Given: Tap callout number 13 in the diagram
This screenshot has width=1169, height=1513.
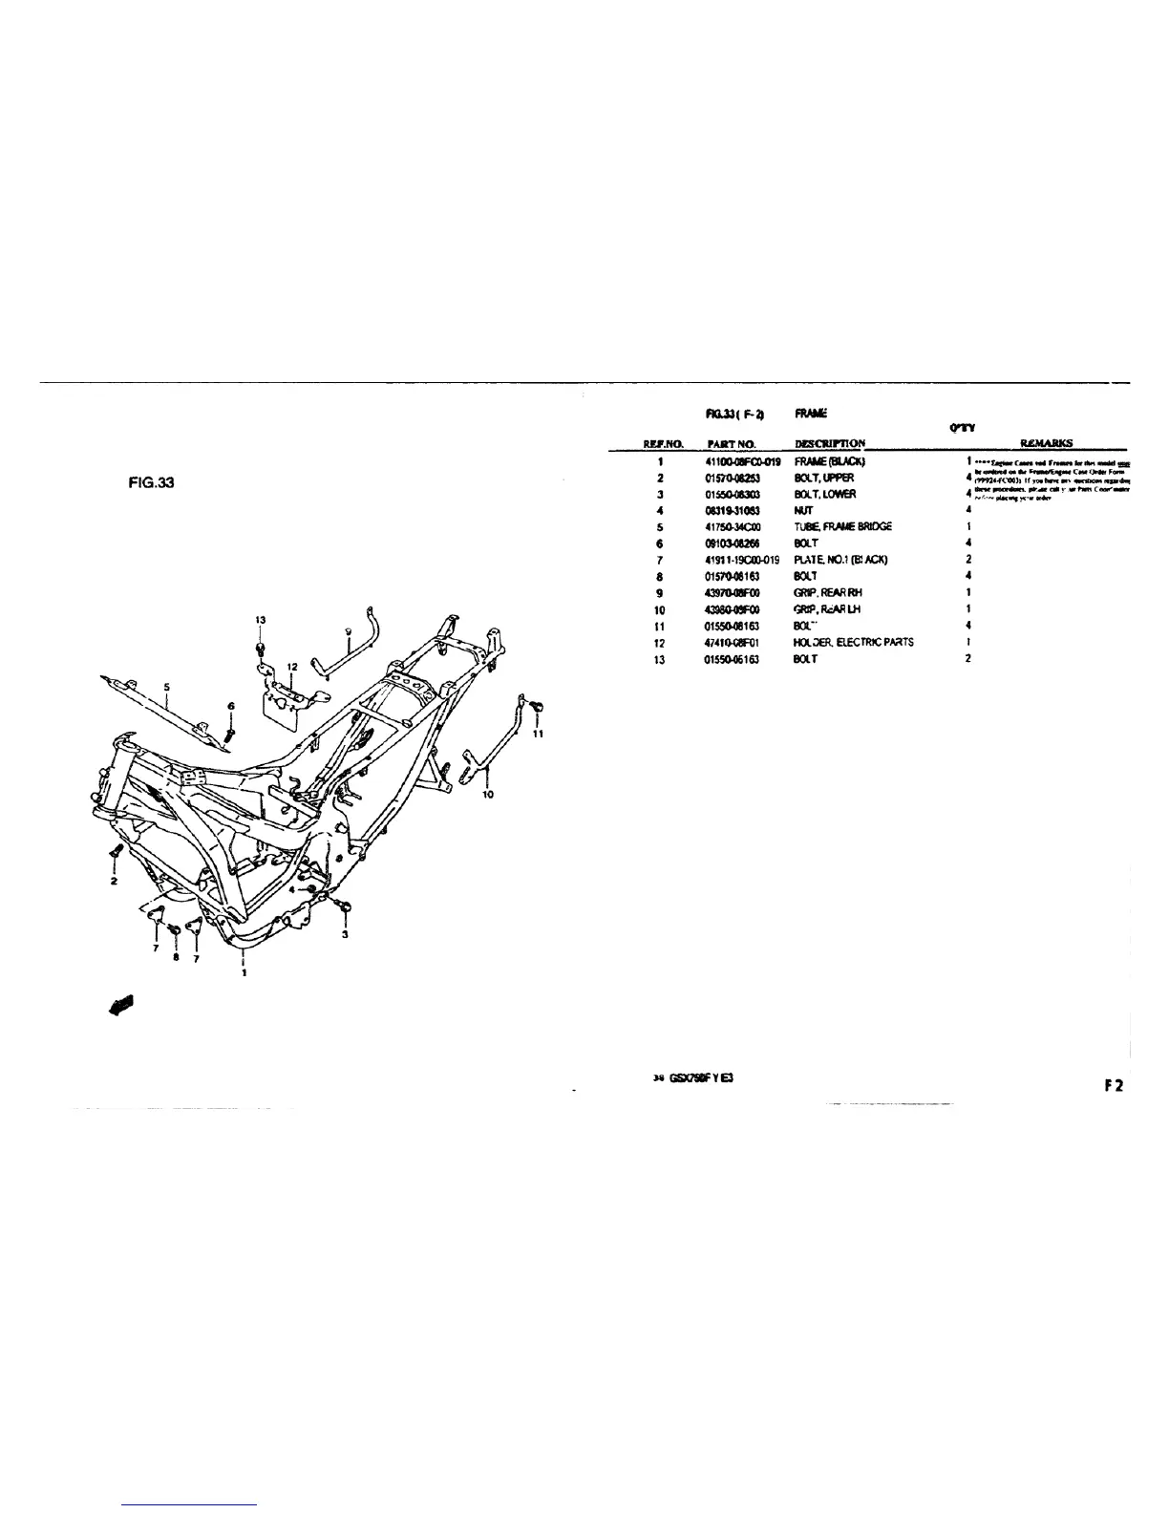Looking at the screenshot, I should (259, 620).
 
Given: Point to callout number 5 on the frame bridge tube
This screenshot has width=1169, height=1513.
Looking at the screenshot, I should (166, 686).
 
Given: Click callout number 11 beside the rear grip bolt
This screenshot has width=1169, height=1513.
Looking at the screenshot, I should (538, 735).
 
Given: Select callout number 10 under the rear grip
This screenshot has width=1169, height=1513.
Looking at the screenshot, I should (487, 794).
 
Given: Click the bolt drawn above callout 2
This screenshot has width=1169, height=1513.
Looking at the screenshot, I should (115, 849).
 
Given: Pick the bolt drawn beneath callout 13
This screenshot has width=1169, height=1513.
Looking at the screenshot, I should (260, 649).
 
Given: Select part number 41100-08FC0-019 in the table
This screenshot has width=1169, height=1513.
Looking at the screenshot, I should (743, 461).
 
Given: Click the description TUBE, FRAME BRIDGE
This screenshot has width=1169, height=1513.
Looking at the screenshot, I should (842, 526).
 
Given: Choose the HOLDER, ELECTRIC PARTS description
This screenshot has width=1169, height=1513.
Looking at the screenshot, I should (853, 642).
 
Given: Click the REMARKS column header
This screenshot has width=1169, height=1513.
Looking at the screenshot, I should (1046, 442).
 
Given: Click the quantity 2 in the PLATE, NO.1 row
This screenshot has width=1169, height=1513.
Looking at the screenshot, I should (969, 560).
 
